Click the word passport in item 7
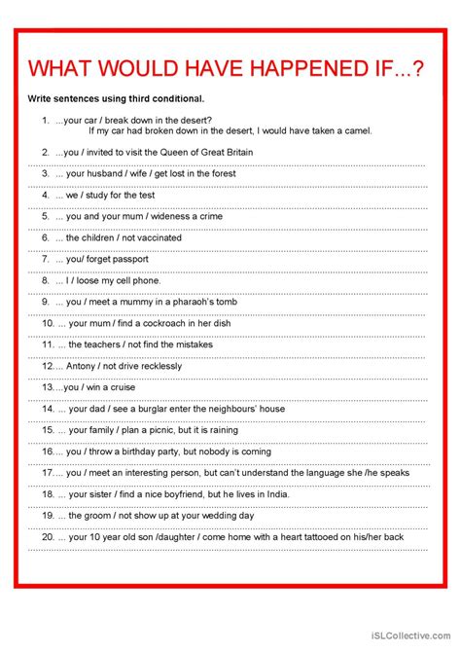point(128,259)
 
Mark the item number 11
point(47,344)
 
